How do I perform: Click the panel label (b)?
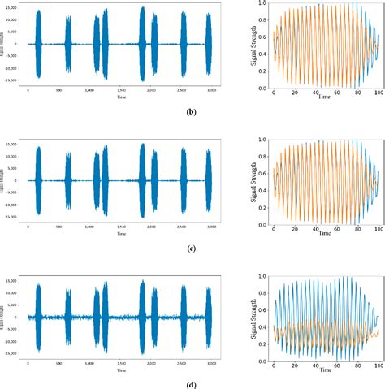190,113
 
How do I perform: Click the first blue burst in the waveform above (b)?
38,45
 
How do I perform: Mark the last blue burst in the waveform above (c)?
209,180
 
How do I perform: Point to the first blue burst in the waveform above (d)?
38,317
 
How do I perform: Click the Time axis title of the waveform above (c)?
121,234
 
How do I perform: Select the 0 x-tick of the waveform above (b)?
29,91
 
